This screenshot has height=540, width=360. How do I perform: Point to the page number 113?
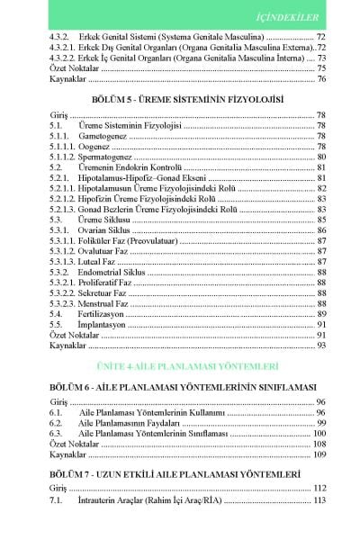[x=318, y=499]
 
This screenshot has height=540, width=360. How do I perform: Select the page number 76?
[x=320, y=79]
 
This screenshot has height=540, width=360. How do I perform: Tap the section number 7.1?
[x=56, y=499]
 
